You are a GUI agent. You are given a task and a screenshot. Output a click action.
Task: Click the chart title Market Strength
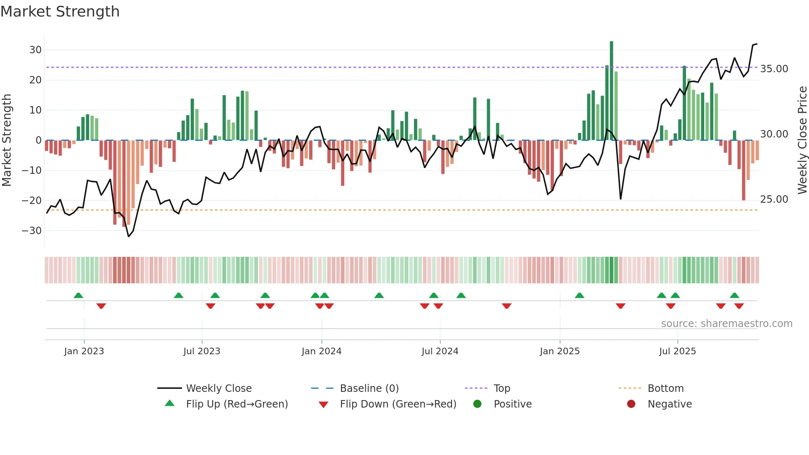(60, 12)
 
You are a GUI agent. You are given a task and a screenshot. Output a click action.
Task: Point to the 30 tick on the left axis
(35, 50)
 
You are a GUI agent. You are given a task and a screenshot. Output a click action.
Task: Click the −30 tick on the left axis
(32, 231)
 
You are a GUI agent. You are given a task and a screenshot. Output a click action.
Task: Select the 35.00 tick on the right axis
(774, 69)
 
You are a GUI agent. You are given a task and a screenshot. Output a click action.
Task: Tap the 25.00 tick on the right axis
(774, 199)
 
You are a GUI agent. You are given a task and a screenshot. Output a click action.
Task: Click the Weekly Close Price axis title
(802, 140)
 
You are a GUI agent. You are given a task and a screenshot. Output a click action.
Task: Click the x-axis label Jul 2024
(440, 351)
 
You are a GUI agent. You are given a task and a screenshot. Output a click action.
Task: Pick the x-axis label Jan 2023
(84, 351)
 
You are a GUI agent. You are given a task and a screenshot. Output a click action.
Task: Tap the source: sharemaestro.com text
(726, 324)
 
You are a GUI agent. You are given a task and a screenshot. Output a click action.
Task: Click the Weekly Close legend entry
(218, 389)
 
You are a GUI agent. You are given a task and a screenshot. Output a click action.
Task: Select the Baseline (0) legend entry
(369, 389)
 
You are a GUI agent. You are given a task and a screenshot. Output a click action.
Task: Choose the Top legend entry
(501, 389)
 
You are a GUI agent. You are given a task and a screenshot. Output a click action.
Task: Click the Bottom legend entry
(665, 389)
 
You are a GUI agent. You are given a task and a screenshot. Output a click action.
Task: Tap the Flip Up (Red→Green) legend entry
(237, 404)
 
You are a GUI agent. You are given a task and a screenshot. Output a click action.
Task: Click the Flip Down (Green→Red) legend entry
(398, 404)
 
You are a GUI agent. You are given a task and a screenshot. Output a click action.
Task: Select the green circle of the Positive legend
(477, 404)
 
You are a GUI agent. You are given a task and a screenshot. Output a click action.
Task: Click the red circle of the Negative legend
(631, 404)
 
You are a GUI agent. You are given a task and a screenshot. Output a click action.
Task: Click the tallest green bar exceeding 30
(611, 91)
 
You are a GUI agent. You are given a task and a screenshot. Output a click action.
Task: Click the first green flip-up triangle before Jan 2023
(78, 296)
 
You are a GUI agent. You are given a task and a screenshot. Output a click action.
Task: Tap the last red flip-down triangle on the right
(739, 306)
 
